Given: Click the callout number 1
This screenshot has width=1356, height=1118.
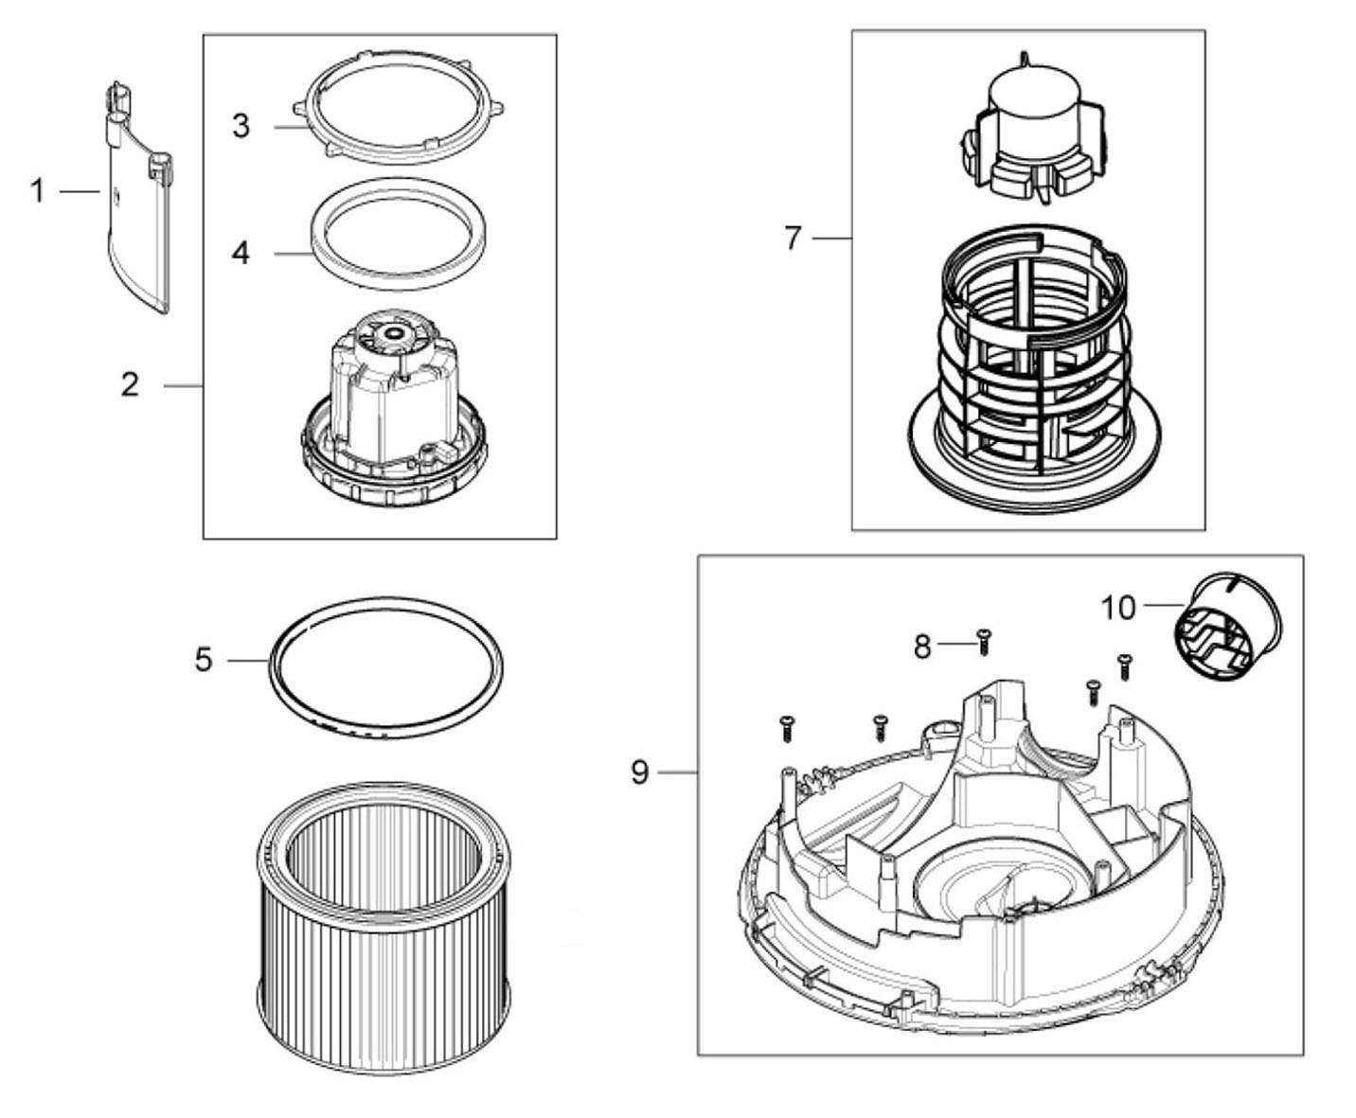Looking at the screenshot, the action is [x=38, y=191].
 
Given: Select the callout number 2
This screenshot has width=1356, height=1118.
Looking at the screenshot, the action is [x=130, y=385].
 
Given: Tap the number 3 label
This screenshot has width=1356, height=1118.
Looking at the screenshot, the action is [x=241, y=126].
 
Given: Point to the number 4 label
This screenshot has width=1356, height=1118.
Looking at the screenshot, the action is [x=241, y=252].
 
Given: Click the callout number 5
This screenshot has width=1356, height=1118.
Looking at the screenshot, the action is [x=204, y=660].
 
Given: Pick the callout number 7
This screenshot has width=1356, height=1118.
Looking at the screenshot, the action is [x=793, y=239].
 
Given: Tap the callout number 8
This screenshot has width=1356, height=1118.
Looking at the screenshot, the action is [x=922, y=647].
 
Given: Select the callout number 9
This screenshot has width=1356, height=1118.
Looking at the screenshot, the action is [x=640, y=772].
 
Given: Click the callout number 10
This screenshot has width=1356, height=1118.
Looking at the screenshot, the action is [x=1118, y=609].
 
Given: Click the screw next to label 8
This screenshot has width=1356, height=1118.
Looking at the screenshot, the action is [x=983, y=642].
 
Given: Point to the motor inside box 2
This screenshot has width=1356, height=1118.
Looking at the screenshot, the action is [x=394, y=408].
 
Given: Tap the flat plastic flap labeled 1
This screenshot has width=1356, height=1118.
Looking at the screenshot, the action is [x=138, y=197].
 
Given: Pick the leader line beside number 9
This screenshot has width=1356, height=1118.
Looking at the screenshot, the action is [x=678, y=772].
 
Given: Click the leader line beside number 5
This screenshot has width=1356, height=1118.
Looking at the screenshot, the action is [x=247, y=660].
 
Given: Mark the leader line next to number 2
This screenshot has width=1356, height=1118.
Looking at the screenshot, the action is [x=183, y=386].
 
